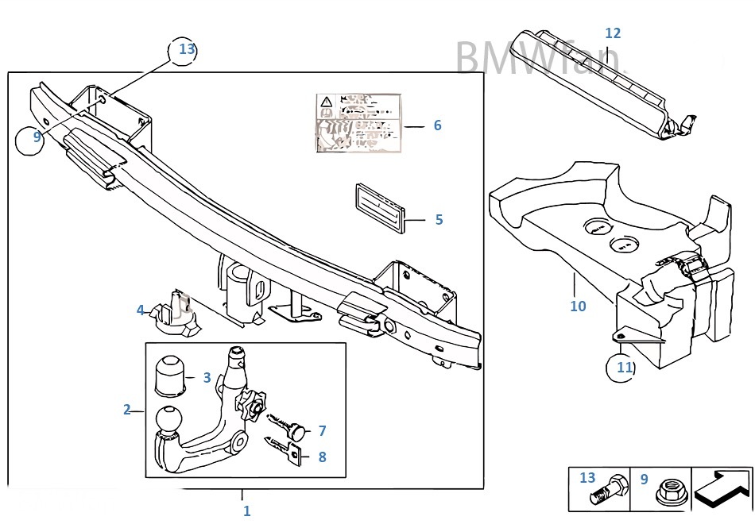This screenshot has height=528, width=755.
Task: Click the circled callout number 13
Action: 186,49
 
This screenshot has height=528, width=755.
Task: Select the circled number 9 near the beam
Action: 37,137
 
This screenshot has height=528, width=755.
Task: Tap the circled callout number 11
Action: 624,367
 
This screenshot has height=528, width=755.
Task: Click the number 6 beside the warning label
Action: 437,125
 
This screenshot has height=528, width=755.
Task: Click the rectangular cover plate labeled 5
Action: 379,208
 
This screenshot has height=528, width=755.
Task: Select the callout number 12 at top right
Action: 612,33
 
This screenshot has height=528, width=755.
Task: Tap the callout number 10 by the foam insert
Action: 578,306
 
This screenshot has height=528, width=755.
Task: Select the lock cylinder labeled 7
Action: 296,431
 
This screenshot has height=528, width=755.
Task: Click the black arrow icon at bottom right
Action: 722,488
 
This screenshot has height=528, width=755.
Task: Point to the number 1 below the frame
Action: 246,511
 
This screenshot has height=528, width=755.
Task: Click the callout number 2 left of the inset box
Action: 126,410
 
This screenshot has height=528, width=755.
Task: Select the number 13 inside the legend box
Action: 587,478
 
